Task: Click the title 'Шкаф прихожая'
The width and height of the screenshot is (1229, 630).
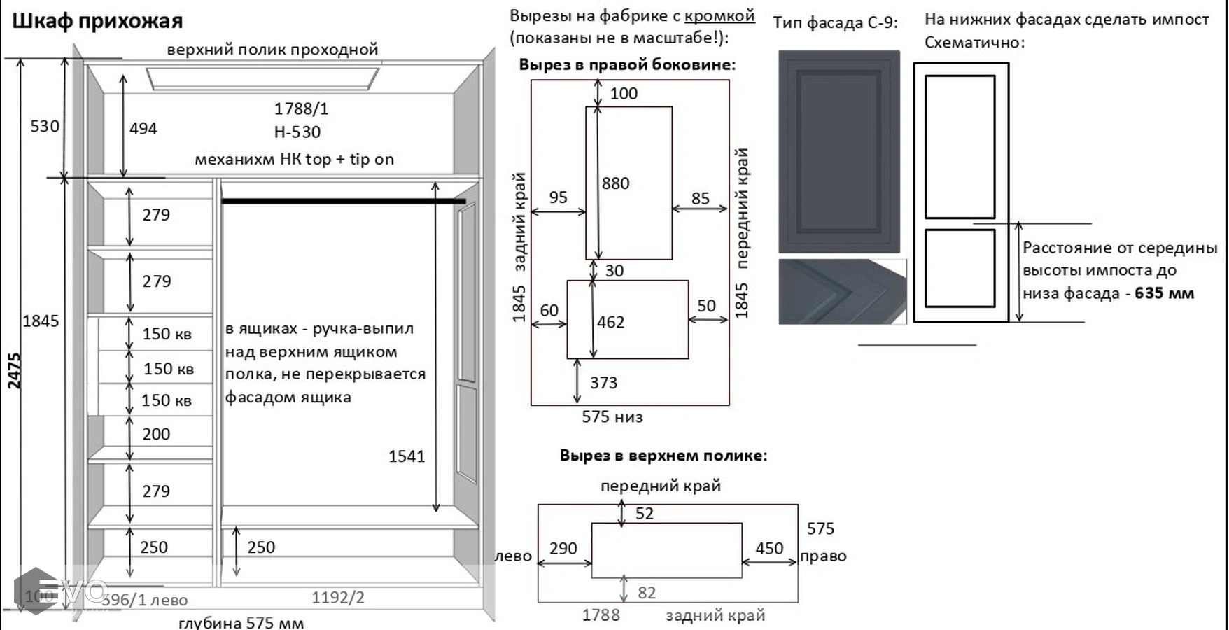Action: point(97,21)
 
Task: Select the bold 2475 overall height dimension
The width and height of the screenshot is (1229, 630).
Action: point(15,370)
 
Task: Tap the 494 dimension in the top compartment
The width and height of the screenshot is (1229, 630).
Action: point(143,128)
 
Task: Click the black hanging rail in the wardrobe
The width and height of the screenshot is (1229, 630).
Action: point(343,202)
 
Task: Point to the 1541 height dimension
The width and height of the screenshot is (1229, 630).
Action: point(407,456)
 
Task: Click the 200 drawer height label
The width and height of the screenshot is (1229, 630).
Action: point(156,434)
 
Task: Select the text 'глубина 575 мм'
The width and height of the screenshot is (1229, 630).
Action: point(241,622)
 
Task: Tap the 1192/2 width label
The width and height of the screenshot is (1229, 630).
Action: point(338,597)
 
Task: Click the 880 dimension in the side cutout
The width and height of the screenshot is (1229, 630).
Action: point(615,183)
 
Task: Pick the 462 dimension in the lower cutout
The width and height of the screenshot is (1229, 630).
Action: point(610,322)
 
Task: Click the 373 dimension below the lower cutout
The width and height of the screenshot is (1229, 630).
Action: point(603,383)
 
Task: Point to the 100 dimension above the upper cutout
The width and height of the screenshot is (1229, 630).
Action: point(624,94)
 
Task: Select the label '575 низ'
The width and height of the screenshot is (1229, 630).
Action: point(612,417)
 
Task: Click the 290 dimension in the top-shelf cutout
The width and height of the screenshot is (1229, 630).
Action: point(563,548)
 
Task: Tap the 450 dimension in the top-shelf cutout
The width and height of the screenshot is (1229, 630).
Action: point(768,548)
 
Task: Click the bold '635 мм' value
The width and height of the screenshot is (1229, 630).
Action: point(1164,293)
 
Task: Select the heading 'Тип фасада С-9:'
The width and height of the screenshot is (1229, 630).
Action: point(835,22)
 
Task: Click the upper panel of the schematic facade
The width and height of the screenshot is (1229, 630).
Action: point(960,146)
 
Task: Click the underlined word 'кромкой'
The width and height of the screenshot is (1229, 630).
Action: point(719,15)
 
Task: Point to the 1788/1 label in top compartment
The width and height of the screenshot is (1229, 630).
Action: point(301,108)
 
